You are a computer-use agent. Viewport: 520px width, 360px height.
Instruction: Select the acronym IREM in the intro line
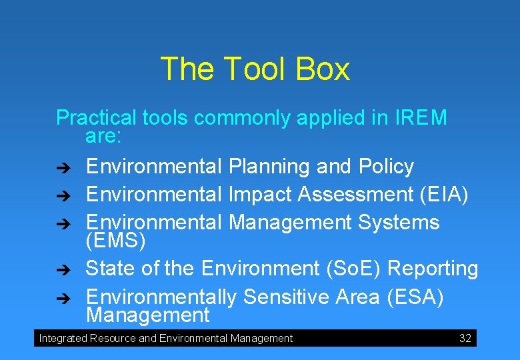click(421, 118)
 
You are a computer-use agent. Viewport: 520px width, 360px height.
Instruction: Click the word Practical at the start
click(97, 118)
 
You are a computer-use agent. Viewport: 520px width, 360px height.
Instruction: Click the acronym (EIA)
click(445, 194)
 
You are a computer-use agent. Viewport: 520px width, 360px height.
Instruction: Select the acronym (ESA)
click(415, 297)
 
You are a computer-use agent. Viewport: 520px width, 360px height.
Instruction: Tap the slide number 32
click(465, 339)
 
